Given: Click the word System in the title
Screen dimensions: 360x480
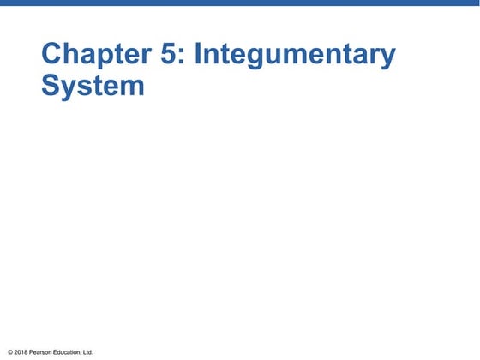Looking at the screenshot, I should click(x=93, y=87).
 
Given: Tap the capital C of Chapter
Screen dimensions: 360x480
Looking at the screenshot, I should click(x=54, y=55).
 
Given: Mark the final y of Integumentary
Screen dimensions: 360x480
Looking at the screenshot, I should click(x=388, y=59).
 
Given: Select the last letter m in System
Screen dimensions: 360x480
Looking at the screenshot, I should click(x=132, y=88).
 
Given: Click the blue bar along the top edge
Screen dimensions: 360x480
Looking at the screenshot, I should click(x=240, y=3).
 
